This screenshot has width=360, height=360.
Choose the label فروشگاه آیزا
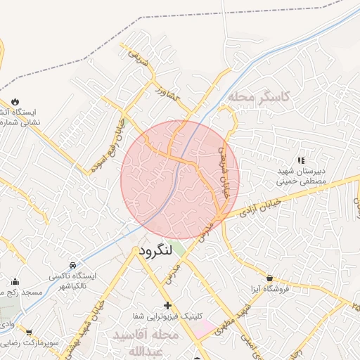pos(270,288)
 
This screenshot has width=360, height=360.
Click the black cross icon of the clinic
pos(167,305)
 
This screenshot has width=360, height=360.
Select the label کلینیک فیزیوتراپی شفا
pos(167,316)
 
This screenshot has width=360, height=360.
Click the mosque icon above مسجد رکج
pos(15,281)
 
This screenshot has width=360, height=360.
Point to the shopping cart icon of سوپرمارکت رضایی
pos(29,333)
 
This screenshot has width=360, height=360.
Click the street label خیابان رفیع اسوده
pos(108,146)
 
